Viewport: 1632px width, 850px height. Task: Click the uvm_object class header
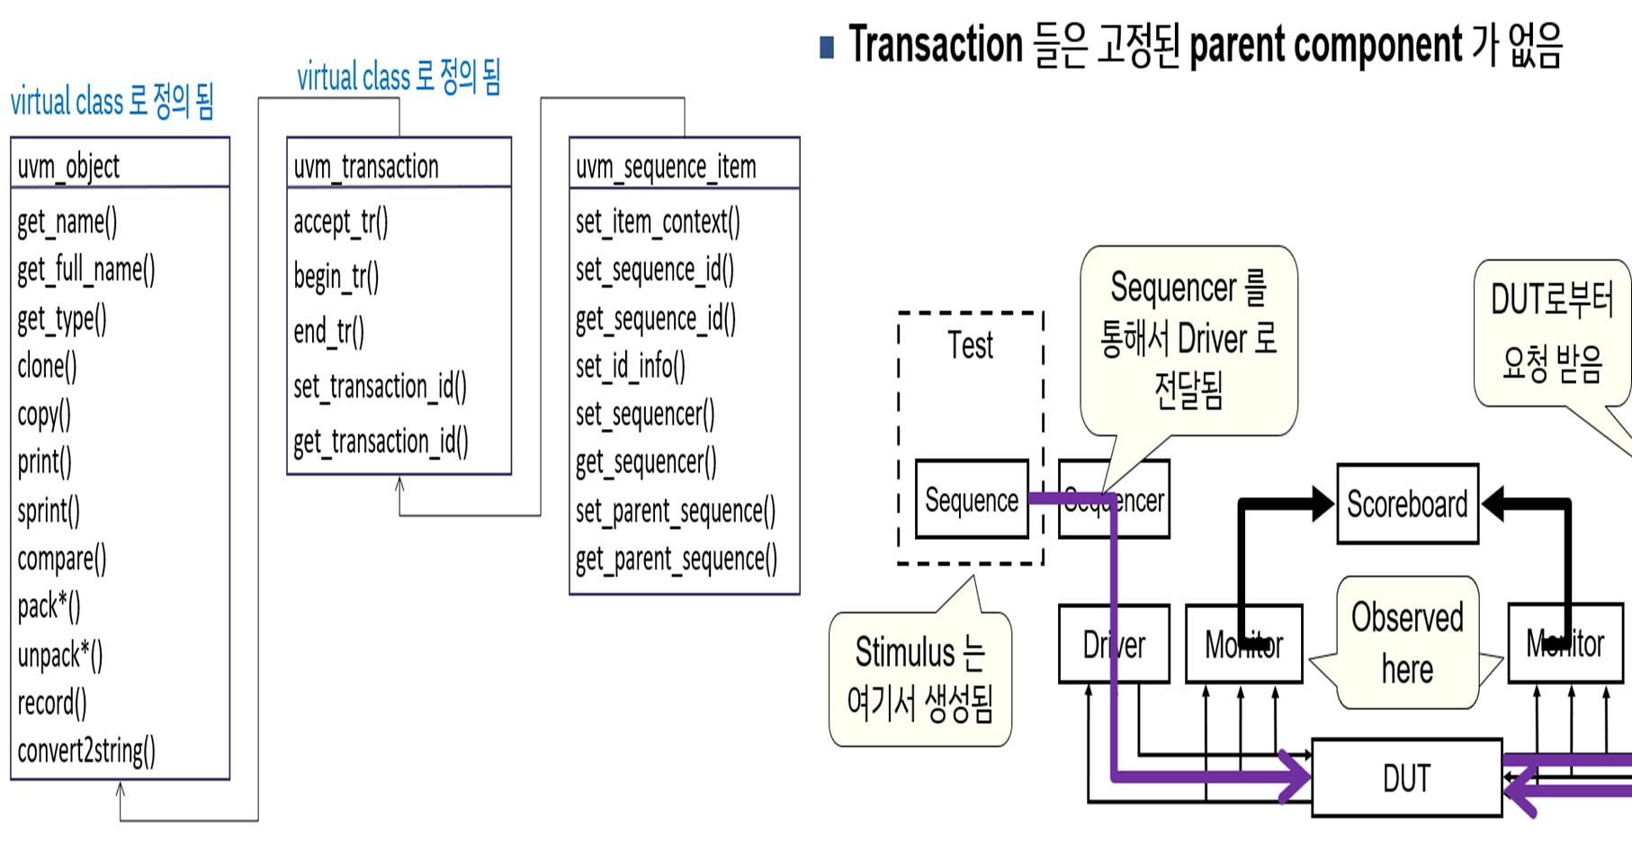point(68,166)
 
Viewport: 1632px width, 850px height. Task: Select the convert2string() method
point(86,750)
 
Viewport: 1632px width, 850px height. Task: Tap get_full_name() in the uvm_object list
point(86,270)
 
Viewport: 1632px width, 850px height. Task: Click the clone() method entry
point(47,366)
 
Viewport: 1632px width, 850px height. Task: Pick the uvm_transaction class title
point(366,166)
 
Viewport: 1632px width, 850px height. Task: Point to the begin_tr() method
point(336,277)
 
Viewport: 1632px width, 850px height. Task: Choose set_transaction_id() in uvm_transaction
point(380,387)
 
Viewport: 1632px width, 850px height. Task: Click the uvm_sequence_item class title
point(666,166)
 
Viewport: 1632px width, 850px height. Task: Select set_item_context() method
point(658,222)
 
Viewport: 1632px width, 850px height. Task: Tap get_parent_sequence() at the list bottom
point(677,559)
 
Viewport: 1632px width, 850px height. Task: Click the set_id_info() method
point(631,366)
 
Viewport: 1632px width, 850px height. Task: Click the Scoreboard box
point(1407,505)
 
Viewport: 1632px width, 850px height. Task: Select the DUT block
point(1406,778)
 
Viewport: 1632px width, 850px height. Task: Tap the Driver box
point(1114,645)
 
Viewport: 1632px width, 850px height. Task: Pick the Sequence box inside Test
point(972,500)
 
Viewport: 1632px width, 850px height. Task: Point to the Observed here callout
point(1407,643)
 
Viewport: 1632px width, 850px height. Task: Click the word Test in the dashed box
point(970,345)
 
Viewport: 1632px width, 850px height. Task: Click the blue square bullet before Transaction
point(827,47)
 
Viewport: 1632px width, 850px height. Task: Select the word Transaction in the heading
point(936,45)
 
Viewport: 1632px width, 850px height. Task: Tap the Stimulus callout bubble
point(919,678)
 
